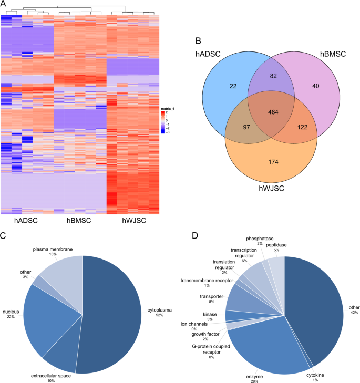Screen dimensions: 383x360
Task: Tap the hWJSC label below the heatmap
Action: tap(133, 221)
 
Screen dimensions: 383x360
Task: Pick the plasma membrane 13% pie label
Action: tap(53, 251)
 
